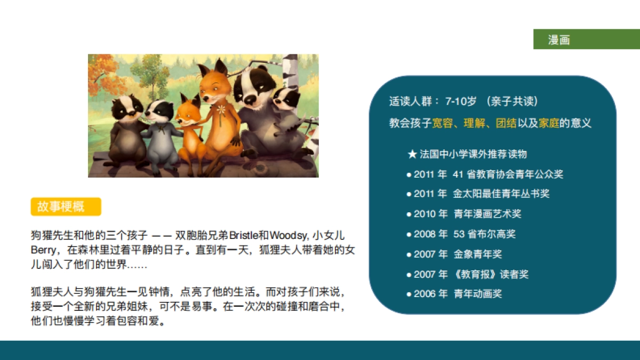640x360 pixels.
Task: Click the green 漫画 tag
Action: coord(559,40)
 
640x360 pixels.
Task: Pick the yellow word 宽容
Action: coord(442,123)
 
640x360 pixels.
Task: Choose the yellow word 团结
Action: coord(506,123)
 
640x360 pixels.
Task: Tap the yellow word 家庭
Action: coord(549,123)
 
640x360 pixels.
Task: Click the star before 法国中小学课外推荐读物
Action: coord(412,155)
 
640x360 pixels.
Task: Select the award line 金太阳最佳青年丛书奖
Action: coord(501,194)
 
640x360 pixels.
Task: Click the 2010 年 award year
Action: coord(430,214)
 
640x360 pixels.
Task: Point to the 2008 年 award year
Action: coord(430,234)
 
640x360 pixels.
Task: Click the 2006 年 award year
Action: coord(430,294)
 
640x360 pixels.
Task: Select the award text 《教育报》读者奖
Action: coord(491,274)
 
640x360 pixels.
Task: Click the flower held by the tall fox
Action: coord(221,109)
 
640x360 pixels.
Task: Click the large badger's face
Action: coord(254,85)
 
